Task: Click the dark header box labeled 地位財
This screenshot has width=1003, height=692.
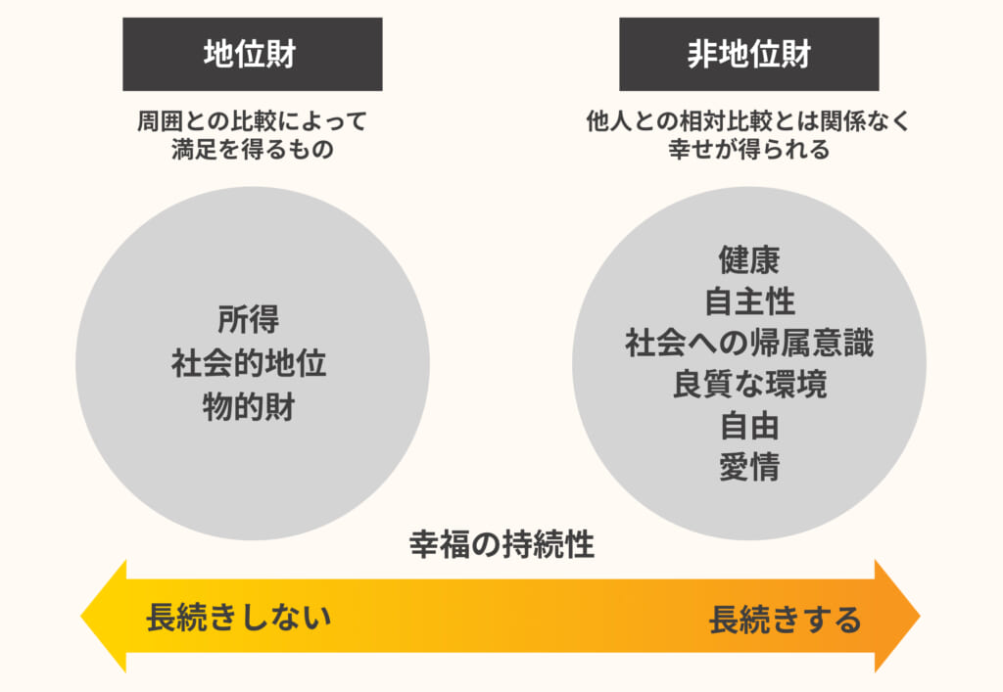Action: [252, 54]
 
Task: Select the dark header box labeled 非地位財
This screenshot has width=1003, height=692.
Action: [748, 54]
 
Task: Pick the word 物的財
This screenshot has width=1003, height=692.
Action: [249, 406]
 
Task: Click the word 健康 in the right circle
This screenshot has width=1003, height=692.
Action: [749, 259]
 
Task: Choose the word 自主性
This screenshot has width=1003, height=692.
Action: [749, 301]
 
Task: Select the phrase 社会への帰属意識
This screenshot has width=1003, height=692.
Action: [749, 344]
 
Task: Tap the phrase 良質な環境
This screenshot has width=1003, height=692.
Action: [749, 385]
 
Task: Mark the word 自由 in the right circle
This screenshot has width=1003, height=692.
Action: [749, 427]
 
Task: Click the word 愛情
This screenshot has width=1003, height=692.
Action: [749, 468]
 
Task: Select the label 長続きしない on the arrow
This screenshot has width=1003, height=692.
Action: [238, 618]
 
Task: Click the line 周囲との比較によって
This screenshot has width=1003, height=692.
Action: [252, 122]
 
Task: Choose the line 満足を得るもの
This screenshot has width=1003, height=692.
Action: [252, 151]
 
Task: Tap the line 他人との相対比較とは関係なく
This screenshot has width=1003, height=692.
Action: [748, 122]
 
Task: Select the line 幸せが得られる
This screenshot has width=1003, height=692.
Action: [748, 151]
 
